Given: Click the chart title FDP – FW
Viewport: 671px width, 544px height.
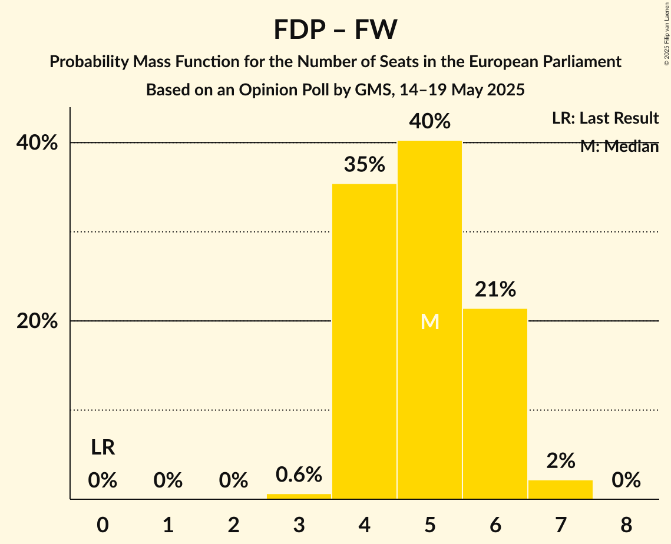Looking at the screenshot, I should tap(335, 29).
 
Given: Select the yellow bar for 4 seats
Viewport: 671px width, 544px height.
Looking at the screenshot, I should tap(364, 341).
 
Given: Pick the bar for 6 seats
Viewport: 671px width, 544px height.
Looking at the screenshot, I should tap(495, 403).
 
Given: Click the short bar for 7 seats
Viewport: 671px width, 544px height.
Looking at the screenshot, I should tap(560, 490).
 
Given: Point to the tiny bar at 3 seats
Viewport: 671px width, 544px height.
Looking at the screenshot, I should tap(299, 496).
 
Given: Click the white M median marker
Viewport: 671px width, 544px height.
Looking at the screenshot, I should tap(430, 321).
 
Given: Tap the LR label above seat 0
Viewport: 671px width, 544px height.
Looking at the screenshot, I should tap(103, 448).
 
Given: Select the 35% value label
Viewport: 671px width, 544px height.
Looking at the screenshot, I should tap(364, 165).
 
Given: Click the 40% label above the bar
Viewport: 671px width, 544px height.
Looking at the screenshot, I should tap(430, 122).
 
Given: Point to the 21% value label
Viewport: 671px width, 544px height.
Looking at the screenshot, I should tap(495, 289).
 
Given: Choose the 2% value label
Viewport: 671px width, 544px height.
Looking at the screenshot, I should tap(560, 461).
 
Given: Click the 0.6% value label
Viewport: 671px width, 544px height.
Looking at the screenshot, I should tap(299, 475).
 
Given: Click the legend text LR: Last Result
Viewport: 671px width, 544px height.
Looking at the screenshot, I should tap(605, 118).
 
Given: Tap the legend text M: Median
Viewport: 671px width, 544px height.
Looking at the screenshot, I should tap(619, 147).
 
